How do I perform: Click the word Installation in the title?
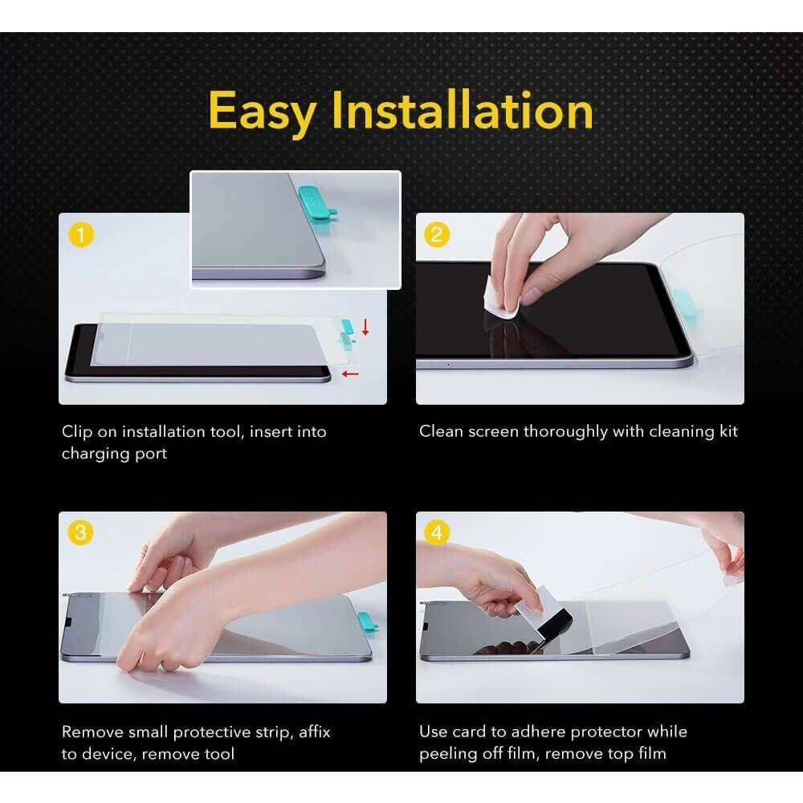[463, 109]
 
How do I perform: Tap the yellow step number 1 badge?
[81, 235]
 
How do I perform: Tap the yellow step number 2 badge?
[437, 235]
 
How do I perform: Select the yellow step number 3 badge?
[80, 532]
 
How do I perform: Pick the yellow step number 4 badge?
[437, 532]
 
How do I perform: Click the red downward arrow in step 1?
[365, 327]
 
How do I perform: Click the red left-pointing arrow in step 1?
[350, 374]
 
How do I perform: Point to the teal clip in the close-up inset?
[317, 202]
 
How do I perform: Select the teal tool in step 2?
[683, 302]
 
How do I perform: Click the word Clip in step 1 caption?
[77, 432]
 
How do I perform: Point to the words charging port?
[114, 454]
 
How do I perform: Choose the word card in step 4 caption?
[469, 732]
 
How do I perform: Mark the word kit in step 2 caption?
[728, 431]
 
